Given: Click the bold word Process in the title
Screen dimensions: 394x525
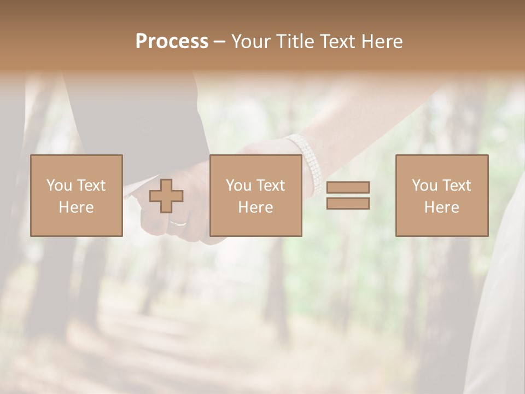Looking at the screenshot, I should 172,42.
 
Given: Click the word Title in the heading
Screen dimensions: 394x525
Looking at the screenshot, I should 295,42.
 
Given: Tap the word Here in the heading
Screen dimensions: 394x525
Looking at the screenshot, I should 381,42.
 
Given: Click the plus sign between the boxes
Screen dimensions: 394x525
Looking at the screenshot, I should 166,196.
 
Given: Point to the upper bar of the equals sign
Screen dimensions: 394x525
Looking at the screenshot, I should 348,187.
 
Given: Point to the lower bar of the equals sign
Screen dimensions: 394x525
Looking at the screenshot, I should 348,204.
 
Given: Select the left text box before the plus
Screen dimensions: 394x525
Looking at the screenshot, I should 76,195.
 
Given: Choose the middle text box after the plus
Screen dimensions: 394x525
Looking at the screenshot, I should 255,195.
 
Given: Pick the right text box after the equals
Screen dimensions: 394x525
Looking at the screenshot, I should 441,195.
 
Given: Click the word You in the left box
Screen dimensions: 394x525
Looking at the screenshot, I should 59,186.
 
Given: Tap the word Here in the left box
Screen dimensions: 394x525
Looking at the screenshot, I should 76,207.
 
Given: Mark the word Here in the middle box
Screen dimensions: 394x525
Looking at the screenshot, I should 255,207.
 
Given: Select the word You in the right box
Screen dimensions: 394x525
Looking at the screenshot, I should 424,186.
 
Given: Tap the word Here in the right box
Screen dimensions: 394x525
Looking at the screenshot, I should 441,207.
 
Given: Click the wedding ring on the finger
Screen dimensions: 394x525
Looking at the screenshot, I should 178,223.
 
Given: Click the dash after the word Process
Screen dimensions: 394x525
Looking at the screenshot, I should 220,42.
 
